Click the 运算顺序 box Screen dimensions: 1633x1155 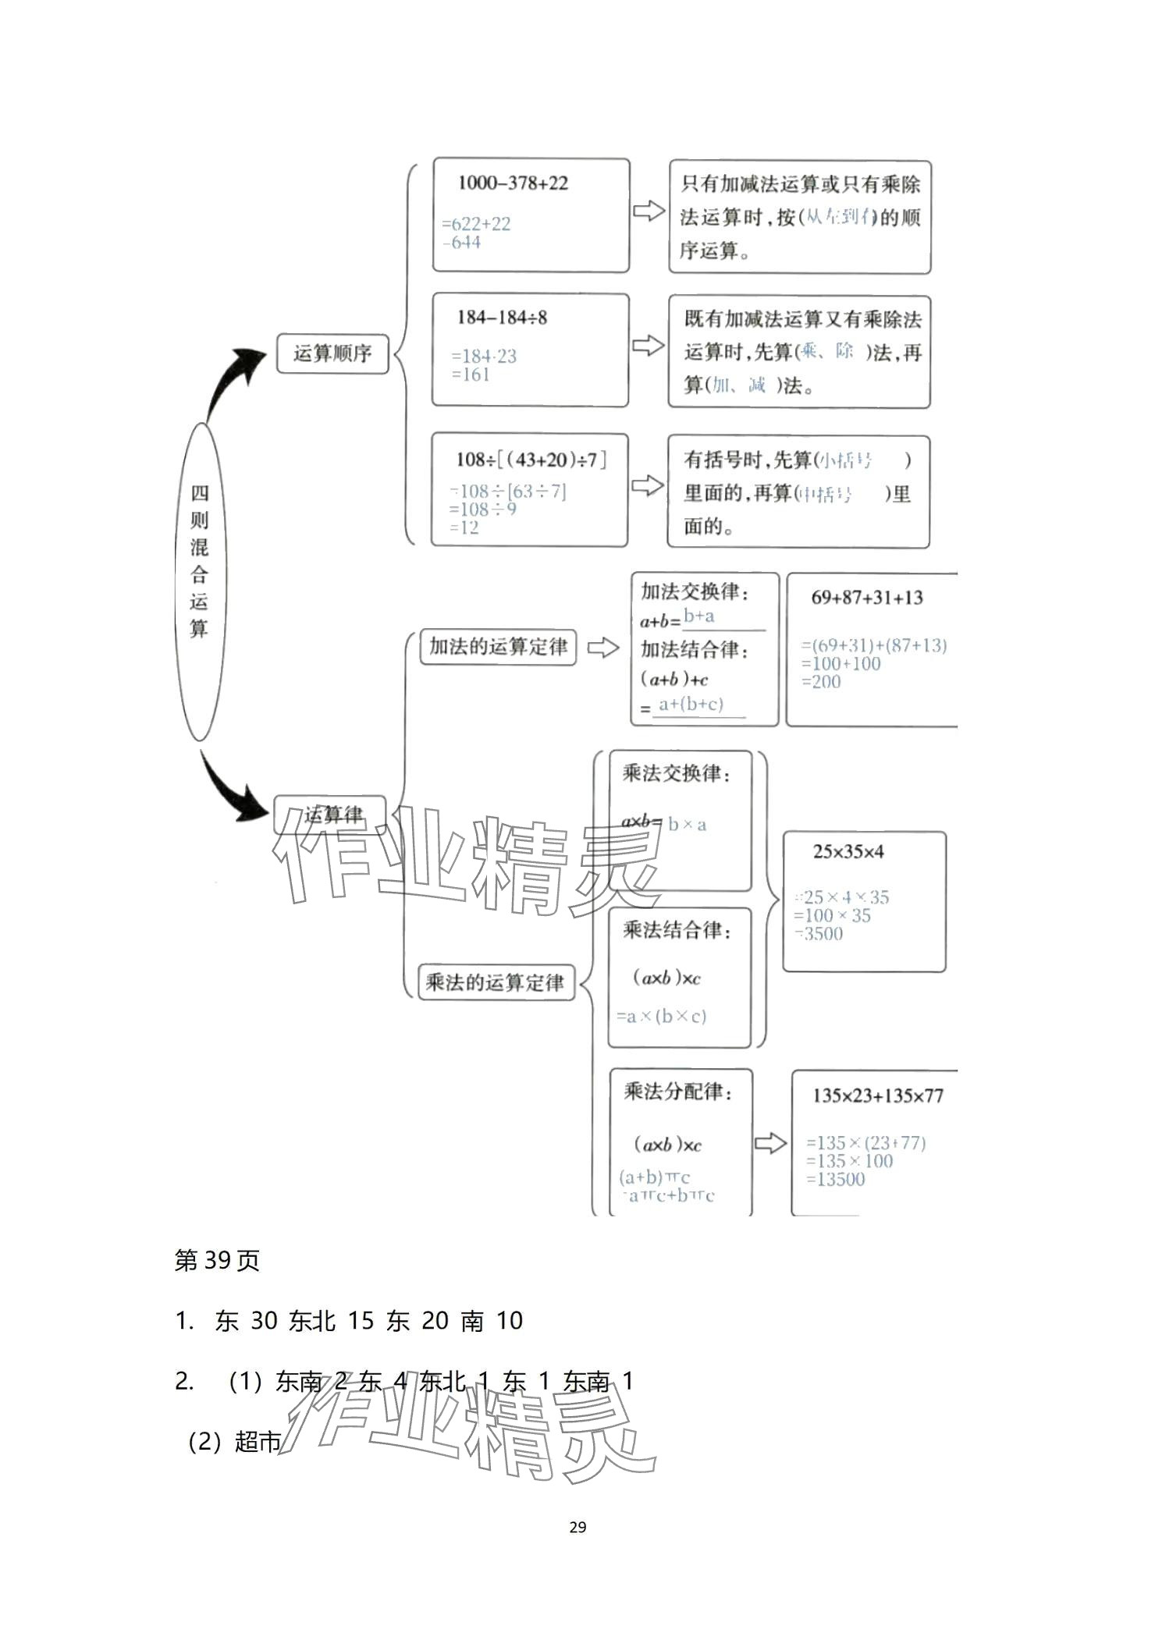pyautogui.click(x=332, y=353)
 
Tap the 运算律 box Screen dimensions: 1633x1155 pyautogui.click(x=331, y=815)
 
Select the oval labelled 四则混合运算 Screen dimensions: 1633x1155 pyautogui.click(x=200, y=581)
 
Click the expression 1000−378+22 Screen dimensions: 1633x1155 pyautogui.click(x=513, y=183)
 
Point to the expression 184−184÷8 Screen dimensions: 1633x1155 pyautogui.click(x=502, y=318)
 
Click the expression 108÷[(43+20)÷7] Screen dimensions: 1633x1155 pyautogui.click(x=531, y=460)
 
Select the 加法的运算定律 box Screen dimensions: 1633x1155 pyautogui.click(x=498, y=647)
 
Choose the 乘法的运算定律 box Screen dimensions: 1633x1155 pyautogui.click(x=496, y=982)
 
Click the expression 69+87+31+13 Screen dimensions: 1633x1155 pyautogui.click(x=866, y=598)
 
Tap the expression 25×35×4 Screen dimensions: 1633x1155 pyautogui.click(x=848, y=851)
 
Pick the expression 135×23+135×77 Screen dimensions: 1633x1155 pyautogui.click(x=878, y=1095)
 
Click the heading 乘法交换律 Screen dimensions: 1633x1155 pyautogui.click(x=676, y=773)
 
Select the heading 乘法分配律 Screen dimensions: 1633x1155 pyautogui.click(x=677, y=1091)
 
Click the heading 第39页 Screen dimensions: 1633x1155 pyautogui.click(x=217, y=1260)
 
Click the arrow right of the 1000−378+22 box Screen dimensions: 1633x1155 pyautogui.click(x=648, y=211)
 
